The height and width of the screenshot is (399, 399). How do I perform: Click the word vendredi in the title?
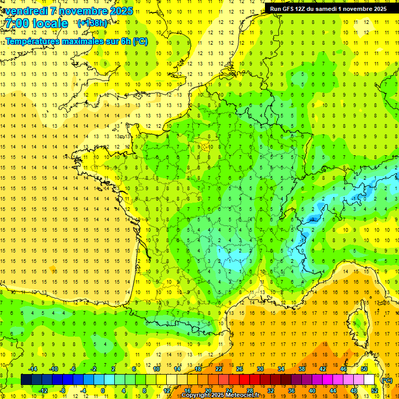coord(27,11)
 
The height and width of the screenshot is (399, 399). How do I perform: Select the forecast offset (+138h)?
coord(92,23)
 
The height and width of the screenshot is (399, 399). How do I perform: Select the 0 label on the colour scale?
coord(103,390)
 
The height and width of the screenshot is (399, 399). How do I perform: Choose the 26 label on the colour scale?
coord(240,368)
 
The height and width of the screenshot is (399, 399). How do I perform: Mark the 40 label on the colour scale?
coord(312,390)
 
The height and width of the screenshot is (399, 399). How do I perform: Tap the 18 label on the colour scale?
coord(198,368)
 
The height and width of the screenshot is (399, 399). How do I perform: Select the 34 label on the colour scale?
coord(281,368)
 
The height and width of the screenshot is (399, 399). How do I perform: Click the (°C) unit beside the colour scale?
coord(387,380)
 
